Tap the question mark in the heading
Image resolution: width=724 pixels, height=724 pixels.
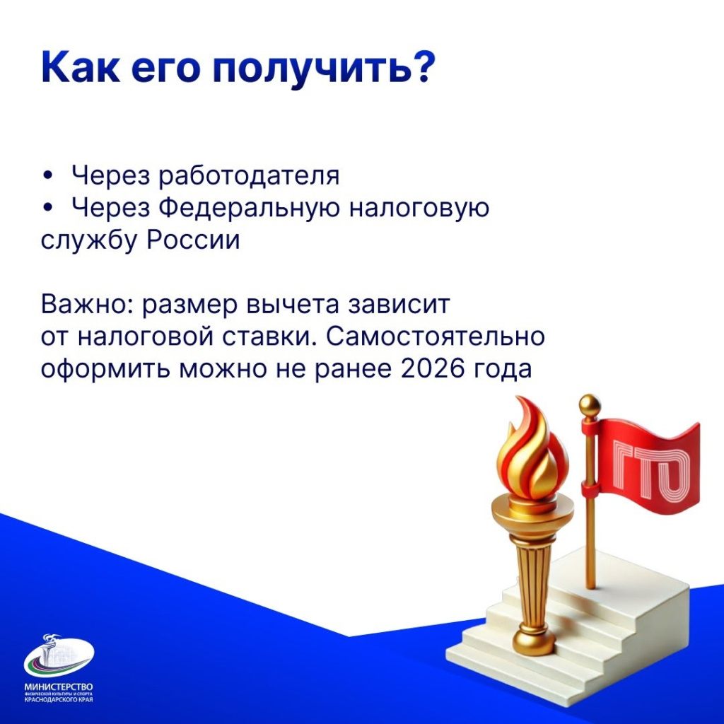[419, 68]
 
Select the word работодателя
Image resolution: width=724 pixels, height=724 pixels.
[249, 176]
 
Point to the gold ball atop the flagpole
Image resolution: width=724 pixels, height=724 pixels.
[589, 405]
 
